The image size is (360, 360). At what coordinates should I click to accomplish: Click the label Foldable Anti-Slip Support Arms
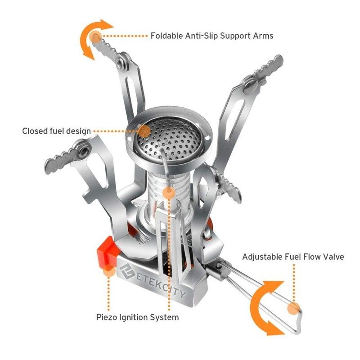(x=211, y=36)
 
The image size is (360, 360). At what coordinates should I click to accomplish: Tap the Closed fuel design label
(x=56, y=131)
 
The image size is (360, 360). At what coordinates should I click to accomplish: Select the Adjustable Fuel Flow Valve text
(x=293, y=257)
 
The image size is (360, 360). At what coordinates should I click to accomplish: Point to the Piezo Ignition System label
(x=137, y=317)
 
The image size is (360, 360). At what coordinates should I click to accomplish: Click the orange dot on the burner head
(x=144, y=131)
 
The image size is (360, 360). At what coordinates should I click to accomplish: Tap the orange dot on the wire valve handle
(x=293, y=308)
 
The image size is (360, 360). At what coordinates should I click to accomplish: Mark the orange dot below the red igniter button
(x=108, y=271)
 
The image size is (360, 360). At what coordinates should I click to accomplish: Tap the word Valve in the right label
(x=333, y=257)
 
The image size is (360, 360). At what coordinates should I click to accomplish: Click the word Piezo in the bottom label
(x=107, y=317)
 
